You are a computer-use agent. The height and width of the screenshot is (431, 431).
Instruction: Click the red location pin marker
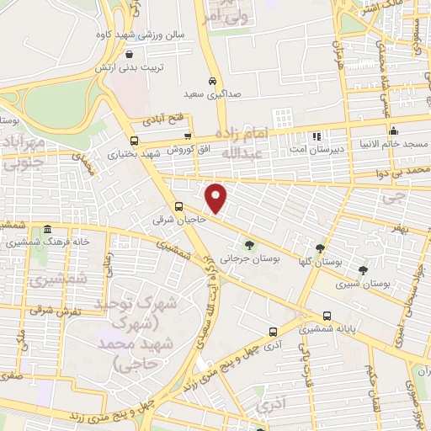216,197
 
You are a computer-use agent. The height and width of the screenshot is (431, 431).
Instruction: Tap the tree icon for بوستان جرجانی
246,237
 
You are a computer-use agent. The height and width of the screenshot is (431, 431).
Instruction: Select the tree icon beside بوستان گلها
320,248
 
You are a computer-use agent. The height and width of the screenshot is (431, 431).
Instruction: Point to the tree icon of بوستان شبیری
362,270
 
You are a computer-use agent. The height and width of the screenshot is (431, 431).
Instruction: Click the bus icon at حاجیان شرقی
178,206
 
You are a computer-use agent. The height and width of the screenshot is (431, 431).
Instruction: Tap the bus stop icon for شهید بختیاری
134,141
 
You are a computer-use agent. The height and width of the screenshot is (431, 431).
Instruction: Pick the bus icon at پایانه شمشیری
327,317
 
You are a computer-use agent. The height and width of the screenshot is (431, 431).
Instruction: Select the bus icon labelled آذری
271,332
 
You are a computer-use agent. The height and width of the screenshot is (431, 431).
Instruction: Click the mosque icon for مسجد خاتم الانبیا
393,130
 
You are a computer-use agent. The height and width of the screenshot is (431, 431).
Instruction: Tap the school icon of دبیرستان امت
317,136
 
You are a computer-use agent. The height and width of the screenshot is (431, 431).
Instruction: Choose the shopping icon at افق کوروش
188,136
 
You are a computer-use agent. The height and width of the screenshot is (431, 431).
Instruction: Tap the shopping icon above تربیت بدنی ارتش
127,54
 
